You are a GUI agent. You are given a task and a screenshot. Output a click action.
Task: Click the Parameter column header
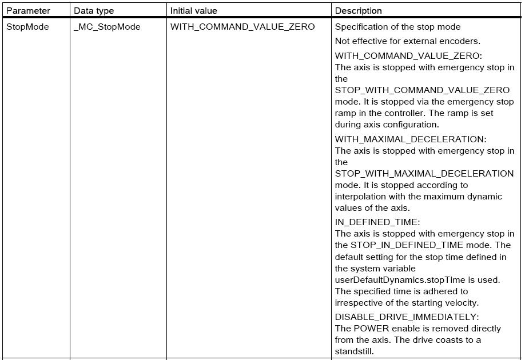click(x=28, y=10)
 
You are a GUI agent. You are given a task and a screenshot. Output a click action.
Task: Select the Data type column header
click(x=94, y=10)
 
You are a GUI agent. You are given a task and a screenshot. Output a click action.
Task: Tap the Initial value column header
click(x=194, y=10)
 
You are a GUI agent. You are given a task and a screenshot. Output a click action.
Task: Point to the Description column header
click(x=359, y=10)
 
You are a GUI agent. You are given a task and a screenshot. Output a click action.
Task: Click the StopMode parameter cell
click(x=27, y=26)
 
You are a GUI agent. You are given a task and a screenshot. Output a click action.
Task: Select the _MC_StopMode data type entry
click(x=107, y=26)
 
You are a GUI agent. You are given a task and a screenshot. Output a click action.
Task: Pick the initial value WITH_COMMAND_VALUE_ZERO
click(x=242, y=26)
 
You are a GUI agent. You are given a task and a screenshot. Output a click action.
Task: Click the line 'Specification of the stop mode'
click(x=397, y=26)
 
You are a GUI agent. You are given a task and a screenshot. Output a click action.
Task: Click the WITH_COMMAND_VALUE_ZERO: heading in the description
click(x=408, y=55)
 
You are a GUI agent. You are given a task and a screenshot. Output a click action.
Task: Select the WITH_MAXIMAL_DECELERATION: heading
click(x=411, y=139)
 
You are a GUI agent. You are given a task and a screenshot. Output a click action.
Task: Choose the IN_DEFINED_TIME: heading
click(x=377, y=222)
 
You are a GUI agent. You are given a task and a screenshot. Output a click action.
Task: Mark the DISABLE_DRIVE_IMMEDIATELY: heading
click(x=407, y=317)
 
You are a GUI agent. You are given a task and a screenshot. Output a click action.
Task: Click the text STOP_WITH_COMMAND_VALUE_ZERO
click(x=422, y=90)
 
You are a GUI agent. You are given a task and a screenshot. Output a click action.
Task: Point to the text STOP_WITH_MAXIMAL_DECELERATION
click(x=424, y=173)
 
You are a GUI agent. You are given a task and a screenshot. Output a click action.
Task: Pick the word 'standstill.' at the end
click(x=354, y=351)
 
